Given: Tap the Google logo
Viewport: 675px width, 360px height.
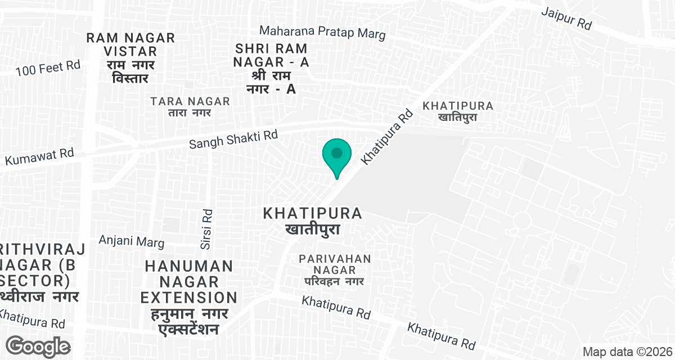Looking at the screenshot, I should tap(38, 346).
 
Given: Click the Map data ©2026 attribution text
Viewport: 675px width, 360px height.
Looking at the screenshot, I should tap(627, 352).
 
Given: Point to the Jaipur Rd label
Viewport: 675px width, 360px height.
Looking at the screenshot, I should tap(568, 19).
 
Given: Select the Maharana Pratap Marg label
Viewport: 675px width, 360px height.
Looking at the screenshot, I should tap(323, 33).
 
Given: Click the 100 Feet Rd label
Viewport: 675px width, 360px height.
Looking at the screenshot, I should tap(48, 69).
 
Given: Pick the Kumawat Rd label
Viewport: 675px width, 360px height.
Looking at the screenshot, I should tap(39, 156).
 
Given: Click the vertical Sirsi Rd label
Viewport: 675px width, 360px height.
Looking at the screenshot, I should tap(206, 229).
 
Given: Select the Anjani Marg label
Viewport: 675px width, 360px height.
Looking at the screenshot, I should tap(132, 241).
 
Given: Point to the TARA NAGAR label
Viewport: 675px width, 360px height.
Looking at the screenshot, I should tap(191, 101).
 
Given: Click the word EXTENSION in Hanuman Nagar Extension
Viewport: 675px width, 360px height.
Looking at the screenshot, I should tap(189, 297).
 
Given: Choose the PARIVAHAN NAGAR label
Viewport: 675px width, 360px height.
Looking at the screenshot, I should tap(335, 264).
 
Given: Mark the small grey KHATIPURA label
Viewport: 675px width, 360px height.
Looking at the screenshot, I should tap(458, 106).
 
